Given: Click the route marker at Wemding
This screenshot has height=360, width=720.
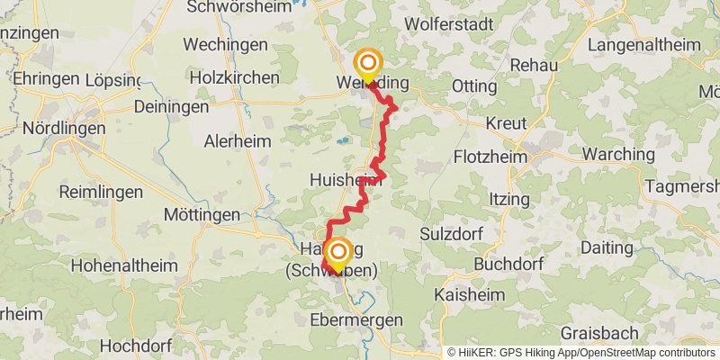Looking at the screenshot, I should pos(368,65).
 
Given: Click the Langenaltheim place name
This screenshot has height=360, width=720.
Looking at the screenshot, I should pos(644,44).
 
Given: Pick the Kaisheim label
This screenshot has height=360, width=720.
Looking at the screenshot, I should pos(463,294).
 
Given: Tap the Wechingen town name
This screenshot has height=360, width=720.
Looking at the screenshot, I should pos(225,44).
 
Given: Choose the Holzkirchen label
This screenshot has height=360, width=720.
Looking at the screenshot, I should pos(235,77).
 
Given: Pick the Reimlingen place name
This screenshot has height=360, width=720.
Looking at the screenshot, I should pos(101,192).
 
